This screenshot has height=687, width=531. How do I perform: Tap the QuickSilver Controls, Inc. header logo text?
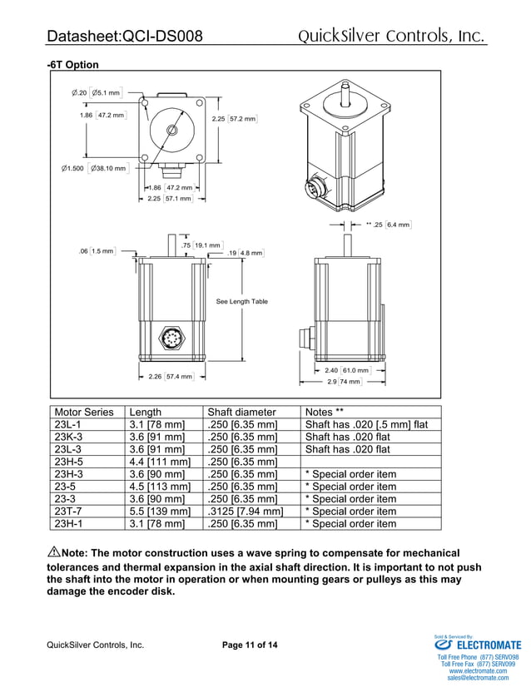(391, 36)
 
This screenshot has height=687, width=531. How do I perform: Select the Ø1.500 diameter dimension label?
(93, 169)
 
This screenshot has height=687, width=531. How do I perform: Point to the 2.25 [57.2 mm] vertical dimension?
(235, 119)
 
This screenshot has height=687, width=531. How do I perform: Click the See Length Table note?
(241, 301)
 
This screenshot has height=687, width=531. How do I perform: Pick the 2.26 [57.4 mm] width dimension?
(170, 377)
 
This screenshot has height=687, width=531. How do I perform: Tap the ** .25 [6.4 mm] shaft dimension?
(389, 225)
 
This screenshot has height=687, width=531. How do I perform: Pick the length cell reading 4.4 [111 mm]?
(161, 462)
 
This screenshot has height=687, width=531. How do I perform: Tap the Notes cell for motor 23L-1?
(366, 424)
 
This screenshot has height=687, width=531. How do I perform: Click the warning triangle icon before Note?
(54, 552)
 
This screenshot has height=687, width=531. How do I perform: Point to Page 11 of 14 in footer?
(251, 645)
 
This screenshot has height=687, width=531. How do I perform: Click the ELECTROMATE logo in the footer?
(478, 645)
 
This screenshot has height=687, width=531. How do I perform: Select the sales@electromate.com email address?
(479, 678)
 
